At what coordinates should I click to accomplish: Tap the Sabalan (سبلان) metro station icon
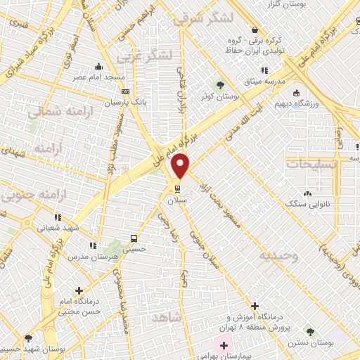click(x=176, y=188)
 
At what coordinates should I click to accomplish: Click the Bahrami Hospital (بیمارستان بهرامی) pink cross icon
click(x=224, y=346)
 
